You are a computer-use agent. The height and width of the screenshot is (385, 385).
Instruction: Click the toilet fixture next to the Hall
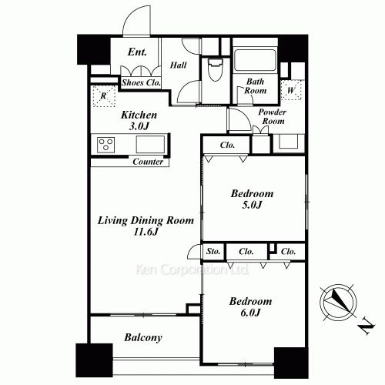[215, 69]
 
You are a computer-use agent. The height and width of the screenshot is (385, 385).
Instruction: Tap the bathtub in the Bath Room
[255, 59]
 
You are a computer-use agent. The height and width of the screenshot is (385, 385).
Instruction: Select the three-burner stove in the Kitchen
[106, 145]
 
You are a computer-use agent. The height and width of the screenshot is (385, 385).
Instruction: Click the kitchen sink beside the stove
[150, 144]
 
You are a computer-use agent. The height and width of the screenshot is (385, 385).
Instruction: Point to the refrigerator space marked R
[103, 96]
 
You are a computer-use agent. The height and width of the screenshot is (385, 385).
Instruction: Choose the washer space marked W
[291, 90]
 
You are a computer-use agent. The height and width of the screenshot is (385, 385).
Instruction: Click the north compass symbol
[338, 302]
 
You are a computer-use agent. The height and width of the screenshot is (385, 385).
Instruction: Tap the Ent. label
[137, 52]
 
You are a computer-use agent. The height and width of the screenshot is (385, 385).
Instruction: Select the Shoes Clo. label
[141, 82]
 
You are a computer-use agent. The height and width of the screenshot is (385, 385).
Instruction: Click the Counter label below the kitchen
[148, 162]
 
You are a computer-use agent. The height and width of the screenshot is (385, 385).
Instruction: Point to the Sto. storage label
[213, 251]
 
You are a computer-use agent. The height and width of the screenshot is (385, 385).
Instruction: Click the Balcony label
[143, 337]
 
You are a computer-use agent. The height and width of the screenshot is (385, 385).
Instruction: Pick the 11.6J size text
[146, 232]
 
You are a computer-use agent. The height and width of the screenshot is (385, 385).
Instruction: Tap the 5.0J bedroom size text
[252, 205]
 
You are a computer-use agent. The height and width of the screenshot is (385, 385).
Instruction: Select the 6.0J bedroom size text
[250, 313]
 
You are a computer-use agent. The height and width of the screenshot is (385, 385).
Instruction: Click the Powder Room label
[273, 116]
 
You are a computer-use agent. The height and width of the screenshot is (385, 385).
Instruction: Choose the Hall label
[178, 65]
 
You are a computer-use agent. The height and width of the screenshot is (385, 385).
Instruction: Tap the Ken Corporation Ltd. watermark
[192, 269]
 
